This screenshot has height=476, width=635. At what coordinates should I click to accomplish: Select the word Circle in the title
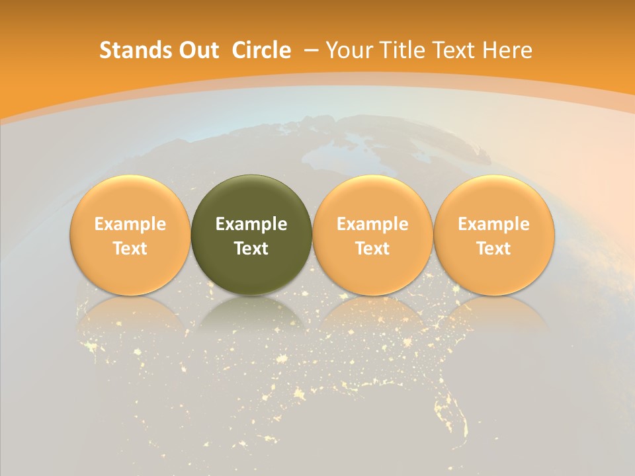pos(261,50)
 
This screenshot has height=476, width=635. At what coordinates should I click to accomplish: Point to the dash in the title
pos(312,50)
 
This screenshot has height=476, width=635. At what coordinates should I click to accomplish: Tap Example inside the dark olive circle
pos(251,224)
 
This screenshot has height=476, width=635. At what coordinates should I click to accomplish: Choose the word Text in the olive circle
pos(251,249)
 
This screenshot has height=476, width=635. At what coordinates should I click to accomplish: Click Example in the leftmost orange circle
pos(130,224)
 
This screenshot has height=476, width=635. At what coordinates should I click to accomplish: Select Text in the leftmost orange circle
pos(130,249)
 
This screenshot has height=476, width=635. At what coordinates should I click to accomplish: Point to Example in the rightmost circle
pos(493,224)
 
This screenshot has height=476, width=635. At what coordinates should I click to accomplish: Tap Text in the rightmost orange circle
pos(493,249)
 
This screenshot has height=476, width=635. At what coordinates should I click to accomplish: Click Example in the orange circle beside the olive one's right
pos(372,224)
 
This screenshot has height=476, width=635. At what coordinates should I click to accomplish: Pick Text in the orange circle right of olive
pos(372,249)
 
